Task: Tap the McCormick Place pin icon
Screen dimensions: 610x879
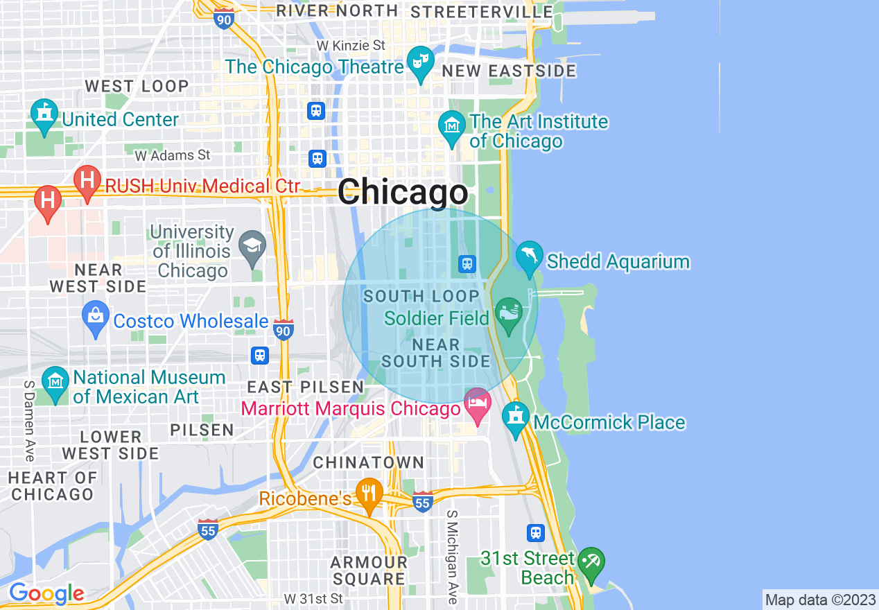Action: tap(515, 419)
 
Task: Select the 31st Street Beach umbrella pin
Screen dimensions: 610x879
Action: tap(591, 564)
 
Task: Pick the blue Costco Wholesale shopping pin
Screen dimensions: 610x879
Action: tap(96, 318)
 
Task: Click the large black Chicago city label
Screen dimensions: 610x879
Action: tap(403, 192)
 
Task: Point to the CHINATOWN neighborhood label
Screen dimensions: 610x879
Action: tap(368, 462)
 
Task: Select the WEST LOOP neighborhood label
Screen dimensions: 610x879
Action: tap(137, 87)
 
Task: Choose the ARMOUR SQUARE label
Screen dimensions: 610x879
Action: tap(368, 570)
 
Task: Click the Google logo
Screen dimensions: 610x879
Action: tap(46, 594)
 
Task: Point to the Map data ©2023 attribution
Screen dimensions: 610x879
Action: tap(819, 600)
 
